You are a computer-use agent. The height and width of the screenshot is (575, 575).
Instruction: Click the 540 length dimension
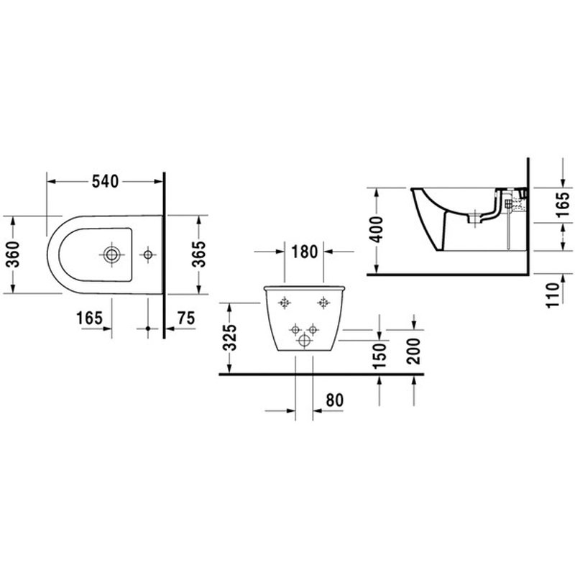pos(105,182)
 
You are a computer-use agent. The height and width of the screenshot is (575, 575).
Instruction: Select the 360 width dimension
pos(14,254)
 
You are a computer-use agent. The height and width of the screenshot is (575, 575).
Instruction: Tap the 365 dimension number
pos(200,254)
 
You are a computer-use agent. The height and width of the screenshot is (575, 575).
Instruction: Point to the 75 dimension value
pos(186,318)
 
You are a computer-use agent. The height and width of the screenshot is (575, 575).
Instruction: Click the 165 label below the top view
pos(89,318)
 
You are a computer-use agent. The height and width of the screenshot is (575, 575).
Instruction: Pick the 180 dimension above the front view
pos(304,252)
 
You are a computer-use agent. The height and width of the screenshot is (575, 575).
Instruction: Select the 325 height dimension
pos(231,338)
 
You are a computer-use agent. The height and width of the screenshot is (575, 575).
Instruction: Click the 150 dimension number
pos(379,356)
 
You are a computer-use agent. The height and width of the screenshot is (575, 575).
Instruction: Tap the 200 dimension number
pos(414,351)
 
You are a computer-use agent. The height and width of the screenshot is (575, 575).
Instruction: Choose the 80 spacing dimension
pos(334,400)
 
